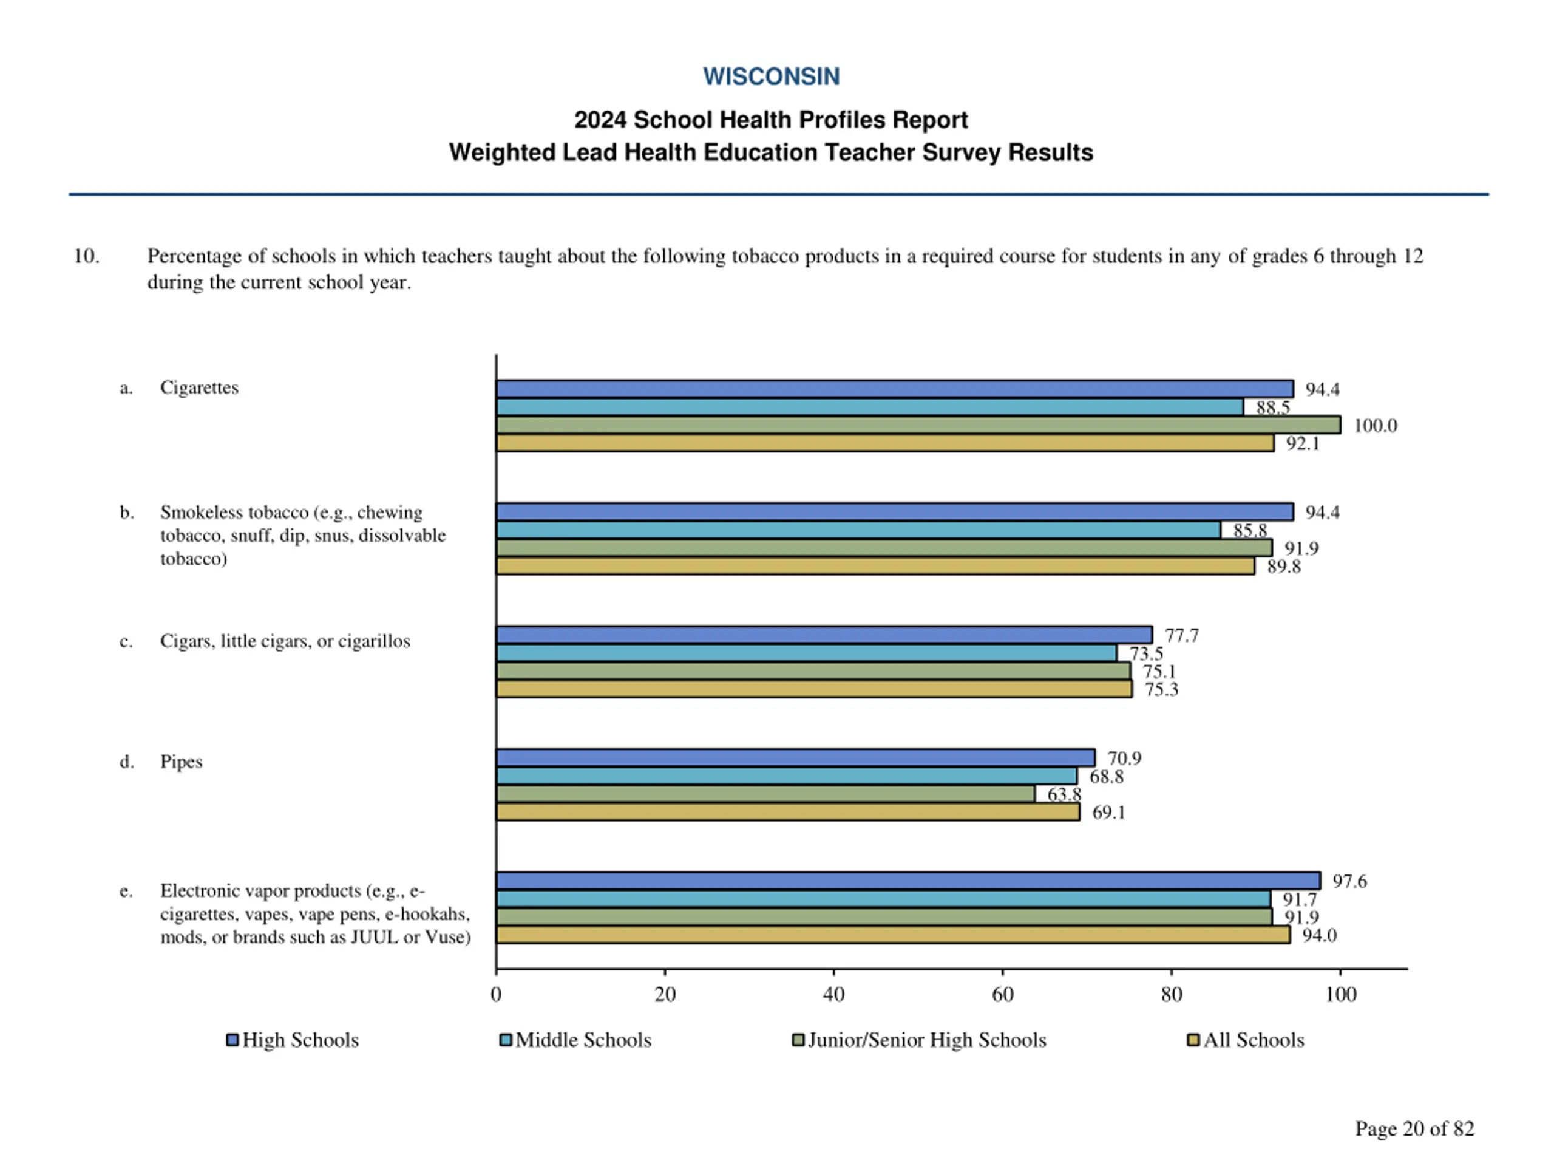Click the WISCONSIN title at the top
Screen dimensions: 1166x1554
771,77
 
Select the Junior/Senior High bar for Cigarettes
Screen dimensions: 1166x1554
917,425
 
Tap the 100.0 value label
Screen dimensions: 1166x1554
1375,426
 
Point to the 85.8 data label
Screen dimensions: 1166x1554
1250,531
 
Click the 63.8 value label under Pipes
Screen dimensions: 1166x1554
1064,794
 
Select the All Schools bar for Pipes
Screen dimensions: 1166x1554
787,813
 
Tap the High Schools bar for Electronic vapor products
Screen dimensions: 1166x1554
908,881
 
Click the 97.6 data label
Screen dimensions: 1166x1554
1349,881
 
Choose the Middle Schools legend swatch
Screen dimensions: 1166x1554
505,1040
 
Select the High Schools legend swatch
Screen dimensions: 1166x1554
232,1040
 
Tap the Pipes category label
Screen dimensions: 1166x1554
182,762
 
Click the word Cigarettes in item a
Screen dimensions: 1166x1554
199,387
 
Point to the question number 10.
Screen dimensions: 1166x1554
86,256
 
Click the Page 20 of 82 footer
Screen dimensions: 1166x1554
1414,1128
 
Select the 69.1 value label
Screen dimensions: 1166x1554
1108,813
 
